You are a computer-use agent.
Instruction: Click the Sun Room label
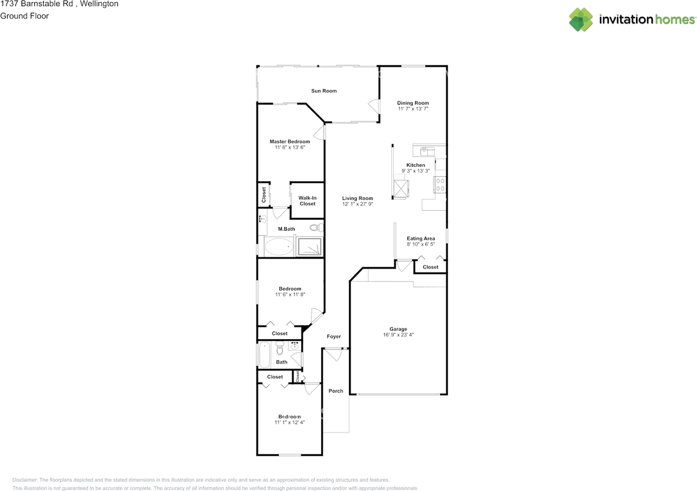324,91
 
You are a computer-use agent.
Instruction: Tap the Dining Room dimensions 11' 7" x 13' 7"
413,109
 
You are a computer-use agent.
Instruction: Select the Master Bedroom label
290,142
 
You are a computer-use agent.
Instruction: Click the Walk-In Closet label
307,201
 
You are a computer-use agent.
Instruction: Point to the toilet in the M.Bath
315,228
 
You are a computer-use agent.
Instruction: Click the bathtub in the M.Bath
279,247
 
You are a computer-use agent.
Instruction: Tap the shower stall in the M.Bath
309,247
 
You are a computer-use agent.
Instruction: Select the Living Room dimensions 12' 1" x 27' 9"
358,204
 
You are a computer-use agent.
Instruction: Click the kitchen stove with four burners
439,185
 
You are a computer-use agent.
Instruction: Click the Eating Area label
421,238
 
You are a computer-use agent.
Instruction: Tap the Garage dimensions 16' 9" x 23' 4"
398,335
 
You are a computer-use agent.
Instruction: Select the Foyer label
334,336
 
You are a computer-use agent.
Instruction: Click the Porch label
336,391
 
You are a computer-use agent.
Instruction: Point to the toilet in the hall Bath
280,346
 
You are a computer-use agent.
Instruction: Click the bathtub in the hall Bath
264,355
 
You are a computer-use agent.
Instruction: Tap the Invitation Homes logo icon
581,20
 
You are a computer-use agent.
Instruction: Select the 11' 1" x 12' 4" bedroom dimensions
289,422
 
